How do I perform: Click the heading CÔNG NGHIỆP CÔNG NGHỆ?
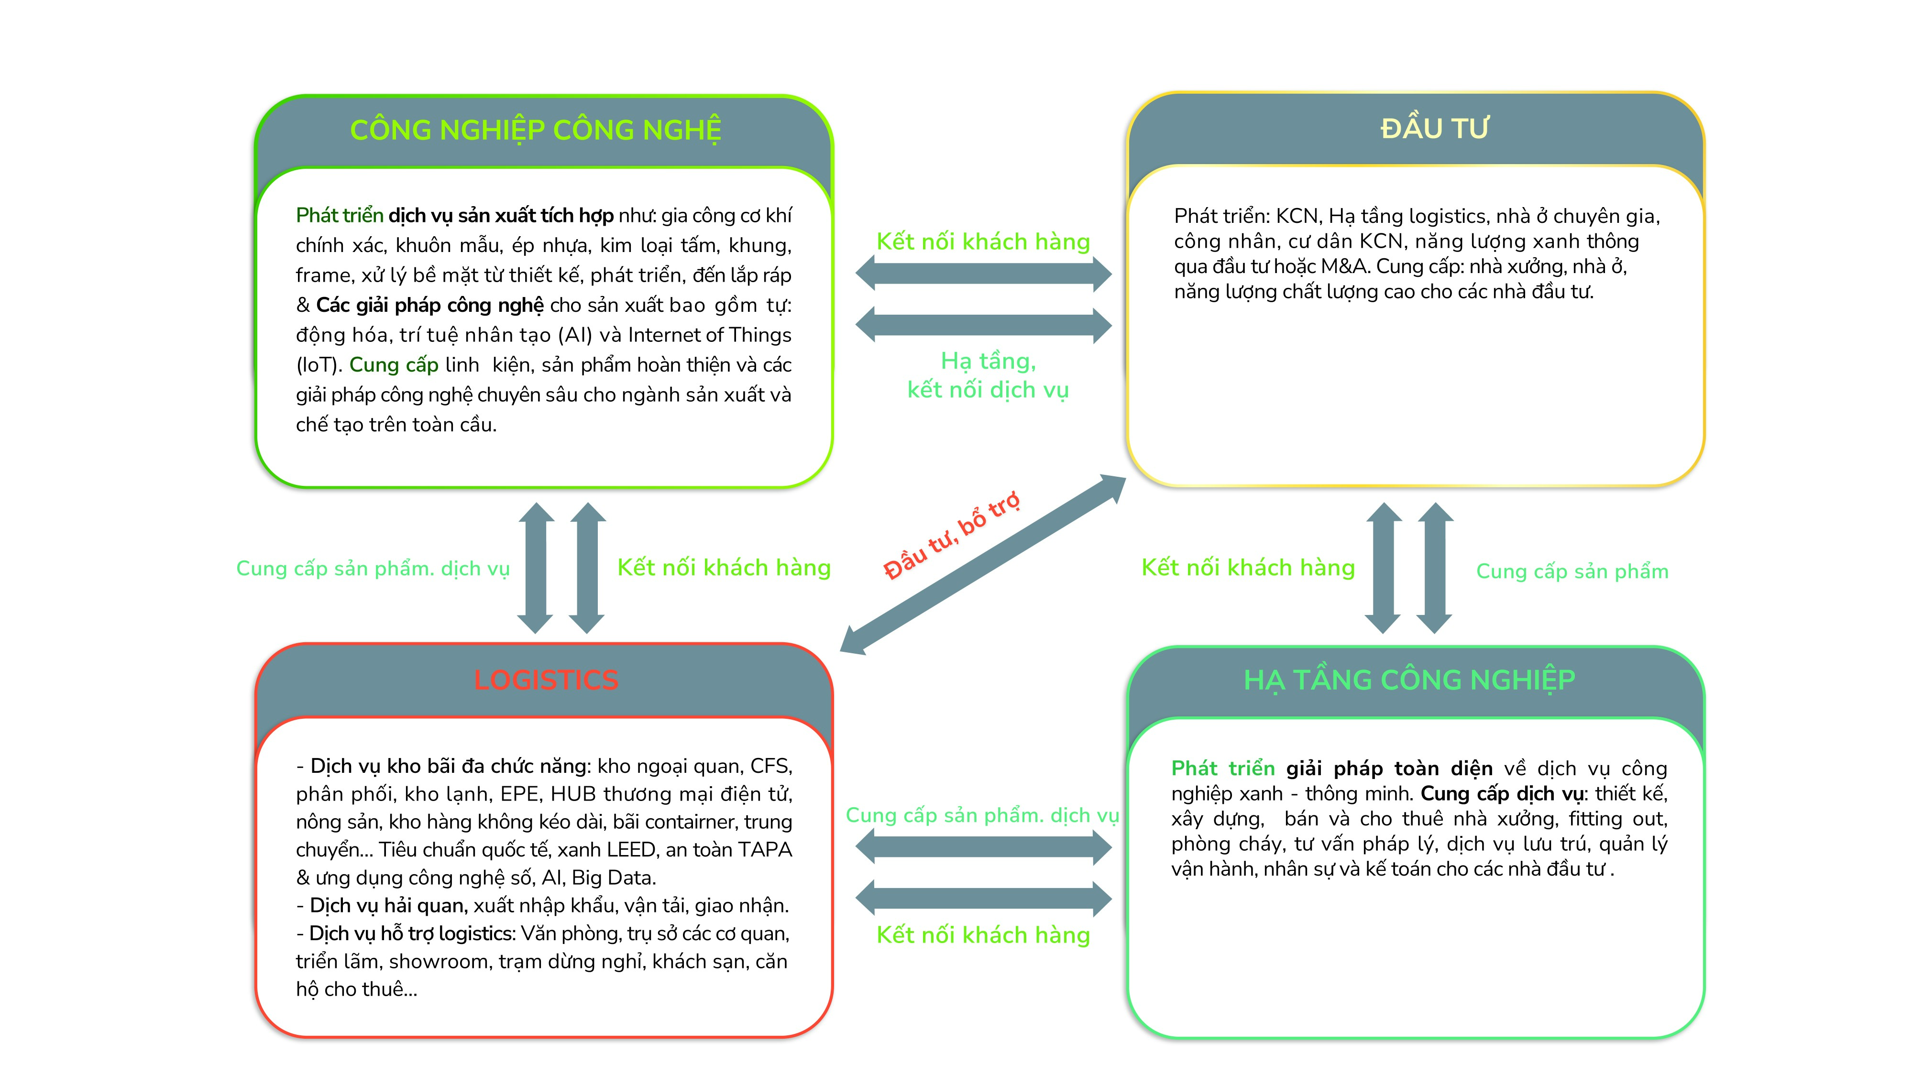pos(536,130)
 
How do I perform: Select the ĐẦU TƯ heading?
pos(1434,129)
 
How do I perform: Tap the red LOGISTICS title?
pos(546,680)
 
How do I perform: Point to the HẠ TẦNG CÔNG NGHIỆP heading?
pos(1409,680)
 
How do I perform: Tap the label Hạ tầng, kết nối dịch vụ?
pos(987,375)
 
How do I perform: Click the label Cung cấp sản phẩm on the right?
pos(1572,571)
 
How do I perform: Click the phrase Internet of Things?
pos(709,335)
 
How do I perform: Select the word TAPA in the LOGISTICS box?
pos(767,849)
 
